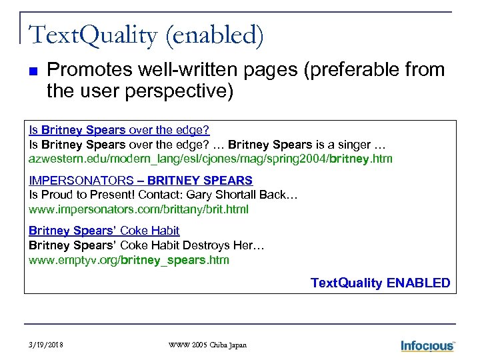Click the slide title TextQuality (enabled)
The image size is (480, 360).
146,35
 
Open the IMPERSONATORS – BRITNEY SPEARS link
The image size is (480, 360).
141,180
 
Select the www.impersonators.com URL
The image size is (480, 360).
138,209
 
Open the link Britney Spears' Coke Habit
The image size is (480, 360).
104,231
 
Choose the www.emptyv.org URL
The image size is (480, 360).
129,260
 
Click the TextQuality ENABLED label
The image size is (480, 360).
380,283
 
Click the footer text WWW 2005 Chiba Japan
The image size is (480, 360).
207,345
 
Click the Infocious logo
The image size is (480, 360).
427,345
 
